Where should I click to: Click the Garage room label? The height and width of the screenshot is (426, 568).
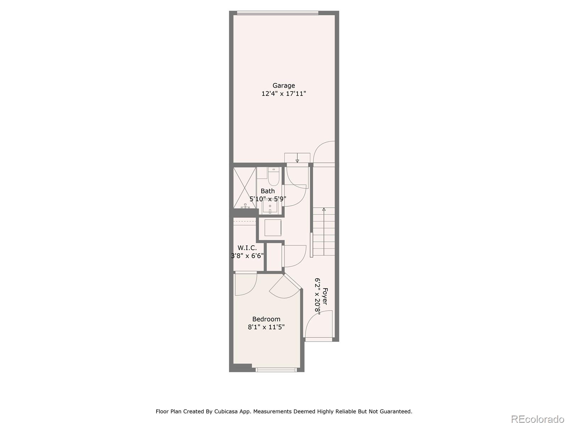(284, 86)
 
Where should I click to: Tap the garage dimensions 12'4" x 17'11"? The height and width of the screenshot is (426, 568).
(284, 94)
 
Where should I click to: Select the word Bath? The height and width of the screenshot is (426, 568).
(268, 191)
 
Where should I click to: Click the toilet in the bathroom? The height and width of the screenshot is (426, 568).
(274, 177)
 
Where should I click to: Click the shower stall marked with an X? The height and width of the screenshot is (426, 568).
(245, 187)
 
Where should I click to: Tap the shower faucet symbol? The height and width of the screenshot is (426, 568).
(245, 206)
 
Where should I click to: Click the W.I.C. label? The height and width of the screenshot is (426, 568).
(247, 248)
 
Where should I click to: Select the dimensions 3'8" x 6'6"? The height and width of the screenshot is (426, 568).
(247, 256)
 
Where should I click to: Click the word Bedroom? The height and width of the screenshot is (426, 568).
(266, 319)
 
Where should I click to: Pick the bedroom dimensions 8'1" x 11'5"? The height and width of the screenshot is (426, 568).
(266, 327)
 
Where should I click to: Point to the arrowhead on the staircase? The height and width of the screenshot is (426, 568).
(324, 209)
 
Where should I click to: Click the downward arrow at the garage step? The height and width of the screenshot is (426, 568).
(297, 160)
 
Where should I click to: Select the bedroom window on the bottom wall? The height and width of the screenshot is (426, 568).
(276, 370)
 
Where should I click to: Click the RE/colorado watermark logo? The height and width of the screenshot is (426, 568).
(538, 419)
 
